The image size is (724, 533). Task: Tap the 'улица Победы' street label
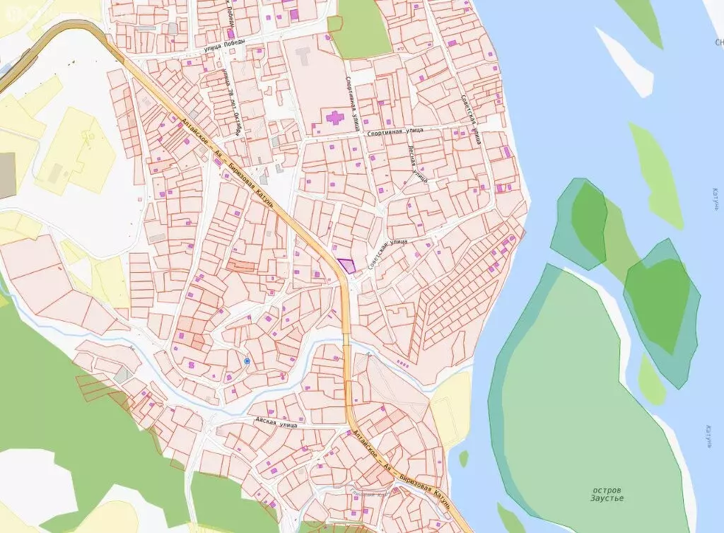[222, 48]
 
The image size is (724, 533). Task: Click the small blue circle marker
[247, 361]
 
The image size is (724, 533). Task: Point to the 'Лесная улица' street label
[417, 164]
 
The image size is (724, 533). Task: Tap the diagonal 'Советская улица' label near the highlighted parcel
[388, 252]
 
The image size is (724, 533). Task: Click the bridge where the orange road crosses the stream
[346, 340]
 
